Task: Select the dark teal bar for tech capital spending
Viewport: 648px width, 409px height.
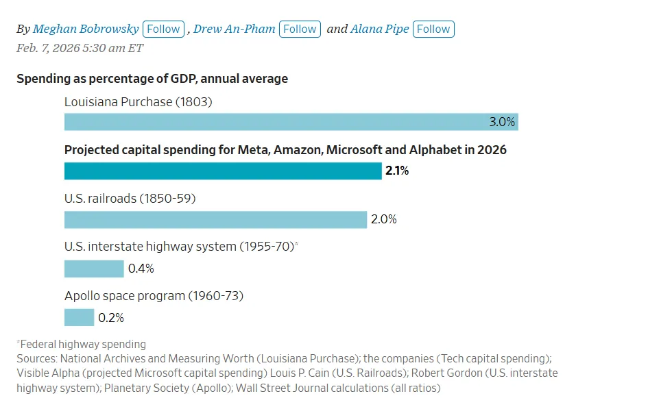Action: [223, 171]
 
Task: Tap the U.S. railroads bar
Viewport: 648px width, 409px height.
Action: [215, 220]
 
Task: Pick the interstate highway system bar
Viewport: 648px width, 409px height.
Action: [94, 269]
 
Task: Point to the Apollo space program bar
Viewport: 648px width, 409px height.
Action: [79, 318]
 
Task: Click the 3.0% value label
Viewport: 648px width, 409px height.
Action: [501, 122]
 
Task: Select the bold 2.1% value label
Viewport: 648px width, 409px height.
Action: [397, 171]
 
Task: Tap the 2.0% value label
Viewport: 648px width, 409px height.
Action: [384, 220]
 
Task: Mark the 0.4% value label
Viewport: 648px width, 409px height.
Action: [141, 269]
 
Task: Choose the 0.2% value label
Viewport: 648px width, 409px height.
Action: [111, 318]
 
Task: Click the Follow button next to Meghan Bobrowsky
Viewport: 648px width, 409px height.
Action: [164, 29]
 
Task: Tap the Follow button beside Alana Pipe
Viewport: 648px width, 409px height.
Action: [433, 29]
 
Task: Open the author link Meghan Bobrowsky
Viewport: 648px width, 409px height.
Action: [86, 29]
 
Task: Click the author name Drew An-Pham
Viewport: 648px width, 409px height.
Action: [234, 29]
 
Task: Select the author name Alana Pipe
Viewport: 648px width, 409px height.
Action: [380, 29]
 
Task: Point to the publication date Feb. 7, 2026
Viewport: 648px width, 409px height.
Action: [80, 48]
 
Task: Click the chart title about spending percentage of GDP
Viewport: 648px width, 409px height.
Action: [152, 79]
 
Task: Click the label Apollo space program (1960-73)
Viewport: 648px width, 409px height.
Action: [154, 296]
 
